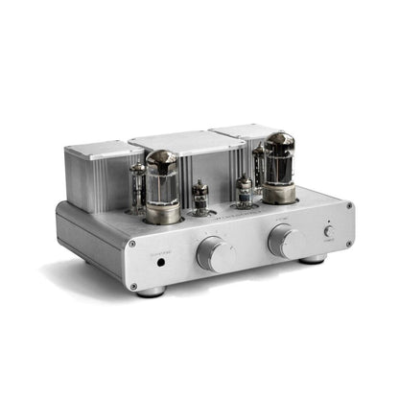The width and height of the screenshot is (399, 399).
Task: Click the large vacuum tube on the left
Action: click(x=162, y=179)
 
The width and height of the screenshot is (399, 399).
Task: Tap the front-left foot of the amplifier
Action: click(x=151, y=292)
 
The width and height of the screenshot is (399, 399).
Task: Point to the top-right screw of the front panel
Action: click(x=347, y=205)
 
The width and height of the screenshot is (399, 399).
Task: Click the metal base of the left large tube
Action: click(x=164, y=213)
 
